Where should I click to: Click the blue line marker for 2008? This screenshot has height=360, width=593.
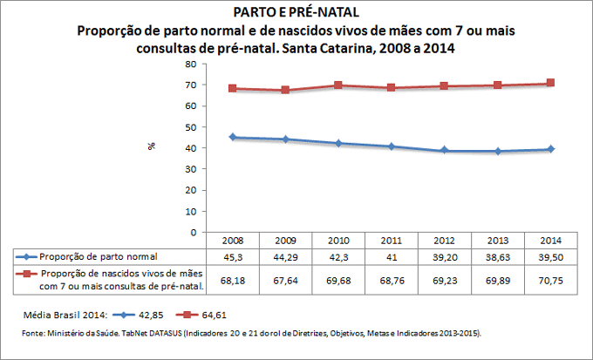tap(233, 137)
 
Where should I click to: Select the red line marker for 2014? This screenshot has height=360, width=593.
tap(551, 83)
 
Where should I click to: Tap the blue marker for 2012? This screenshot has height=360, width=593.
tap(445, 150)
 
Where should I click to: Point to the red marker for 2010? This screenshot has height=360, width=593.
tap(338, 85)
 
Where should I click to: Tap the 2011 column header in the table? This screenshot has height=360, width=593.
tap(392, 240)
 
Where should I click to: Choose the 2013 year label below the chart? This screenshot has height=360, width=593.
tap(498, 240)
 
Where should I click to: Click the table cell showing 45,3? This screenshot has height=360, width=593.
tap(233, 256)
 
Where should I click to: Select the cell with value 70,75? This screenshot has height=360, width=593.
tap(551, 279)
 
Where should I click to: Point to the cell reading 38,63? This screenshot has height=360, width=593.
tap(498, 256)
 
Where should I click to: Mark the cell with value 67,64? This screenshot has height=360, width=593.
tap(286, 279)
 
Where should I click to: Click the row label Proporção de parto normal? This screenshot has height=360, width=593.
tap(99, 256)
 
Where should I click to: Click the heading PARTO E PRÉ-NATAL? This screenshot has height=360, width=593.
tap(296, 12)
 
